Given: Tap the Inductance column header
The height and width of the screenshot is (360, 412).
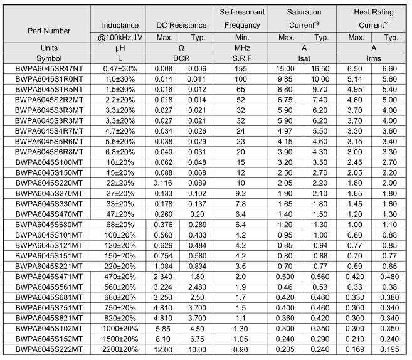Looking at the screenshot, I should (120, 25).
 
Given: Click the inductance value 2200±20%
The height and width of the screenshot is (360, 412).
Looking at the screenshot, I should (120, 349).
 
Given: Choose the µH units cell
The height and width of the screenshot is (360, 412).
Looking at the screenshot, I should (120, 48).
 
